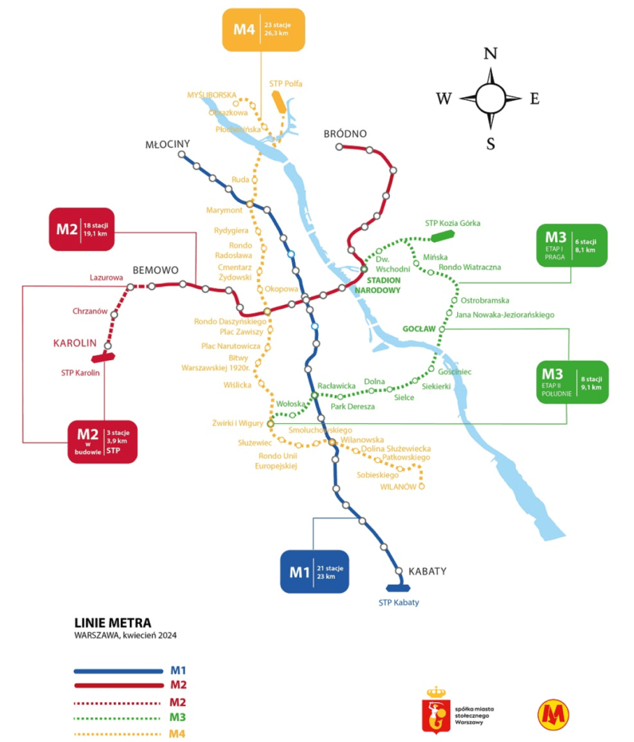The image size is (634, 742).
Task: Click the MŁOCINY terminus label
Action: (167, 144)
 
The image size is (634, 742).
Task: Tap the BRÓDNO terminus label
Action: (346, 134)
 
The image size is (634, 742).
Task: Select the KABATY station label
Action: (427, 571)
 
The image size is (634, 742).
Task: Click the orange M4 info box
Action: (262, 30)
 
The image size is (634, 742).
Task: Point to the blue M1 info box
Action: (314, 572)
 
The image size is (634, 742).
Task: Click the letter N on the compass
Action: (491, 54)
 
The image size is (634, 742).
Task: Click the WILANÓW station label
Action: (399, 487)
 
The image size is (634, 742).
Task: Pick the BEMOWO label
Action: (156, 270)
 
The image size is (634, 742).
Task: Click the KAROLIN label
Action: (75, 343)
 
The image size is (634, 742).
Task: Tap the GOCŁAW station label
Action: (420, 329)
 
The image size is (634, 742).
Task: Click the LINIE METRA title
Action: (113, 622)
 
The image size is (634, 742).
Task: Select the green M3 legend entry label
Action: (178, 717)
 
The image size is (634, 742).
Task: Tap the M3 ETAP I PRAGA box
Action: (571, 245)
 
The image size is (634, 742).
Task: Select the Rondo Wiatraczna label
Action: (470, 267)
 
